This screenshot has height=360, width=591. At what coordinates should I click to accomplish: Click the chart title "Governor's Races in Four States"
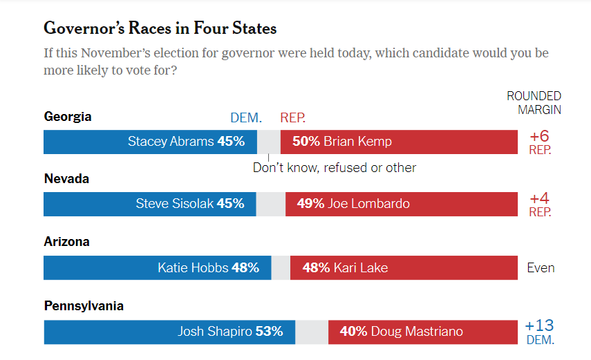click(160, 28)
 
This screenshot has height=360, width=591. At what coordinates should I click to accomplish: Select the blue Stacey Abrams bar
click(150, 142)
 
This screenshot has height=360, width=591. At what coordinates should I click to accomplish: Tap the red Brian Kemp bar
click(399, 142)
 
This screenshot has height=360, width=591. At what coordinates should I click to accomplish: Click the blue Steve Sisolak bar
click(149, 204)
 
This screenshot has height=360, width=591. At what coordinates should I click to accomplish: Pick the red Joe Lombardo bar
click(401, 204)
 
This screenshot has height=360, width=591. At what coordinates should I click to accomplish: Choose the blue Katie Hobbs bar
click(157, 267)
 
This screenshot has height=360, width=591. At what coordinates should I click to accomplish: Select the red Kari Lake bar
click(404, 267)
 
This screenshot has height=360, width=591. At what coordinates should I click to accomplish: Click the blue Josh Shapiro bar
click(169, 332)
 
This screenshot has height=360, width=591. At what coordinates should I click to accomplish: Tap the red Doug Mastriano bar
click(422, 332)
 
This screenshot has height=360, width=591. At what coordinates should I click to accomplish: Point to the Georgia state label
click(68, 116)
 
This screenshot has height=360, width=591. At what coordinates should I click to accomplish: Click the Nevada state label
click(66, 178)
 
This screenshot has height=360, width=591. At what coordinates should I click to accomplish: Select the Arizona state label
click(67, 242)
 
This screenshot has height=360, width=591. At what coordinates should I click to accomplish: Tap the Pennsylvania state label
click(84, 305)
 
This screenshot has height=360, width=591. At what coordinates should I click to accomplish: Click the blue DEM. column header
click(245, 118)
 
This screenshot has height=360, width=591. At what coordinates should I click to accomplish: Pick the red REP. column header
click(293, 118)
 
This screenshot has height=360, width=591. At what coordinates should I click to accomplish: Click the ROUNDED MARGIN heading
click(534, 102)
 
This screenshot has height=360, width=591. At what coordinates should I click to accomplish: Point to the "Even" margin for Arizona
click(541, 267)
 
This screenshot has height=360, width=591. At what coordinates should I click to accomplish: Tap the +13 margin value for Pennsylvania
click(539, 325)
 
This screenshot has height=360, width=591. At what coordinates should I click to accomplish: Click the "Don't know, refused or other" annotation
click(335, 167)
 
